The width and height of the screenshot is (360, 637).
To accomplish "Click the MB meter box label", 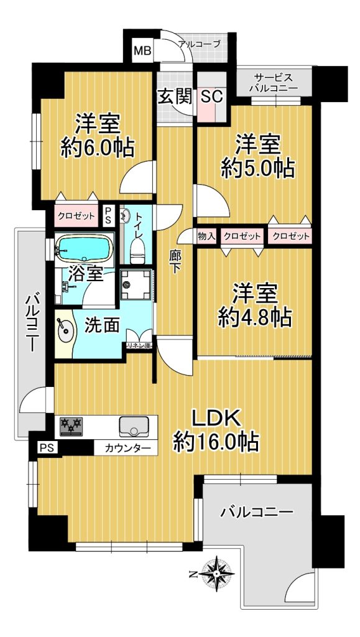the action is pyautogui.click(x=142, y=51).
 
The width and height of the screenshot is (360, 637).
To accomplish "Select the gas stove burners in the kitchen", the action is pyautogui.click(x=71, y=427).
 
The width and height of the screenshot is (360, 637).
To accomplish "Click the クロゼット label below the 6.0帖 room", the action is pyautogui.click(x=77, y=216).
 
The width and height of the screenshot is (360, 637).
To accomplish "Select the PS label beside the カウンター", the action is pyautogui.click(x=45, y=448).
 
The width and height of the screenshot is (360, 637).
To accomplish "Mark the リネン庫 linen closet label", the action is pyautogui.click(x=139, y=345).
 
